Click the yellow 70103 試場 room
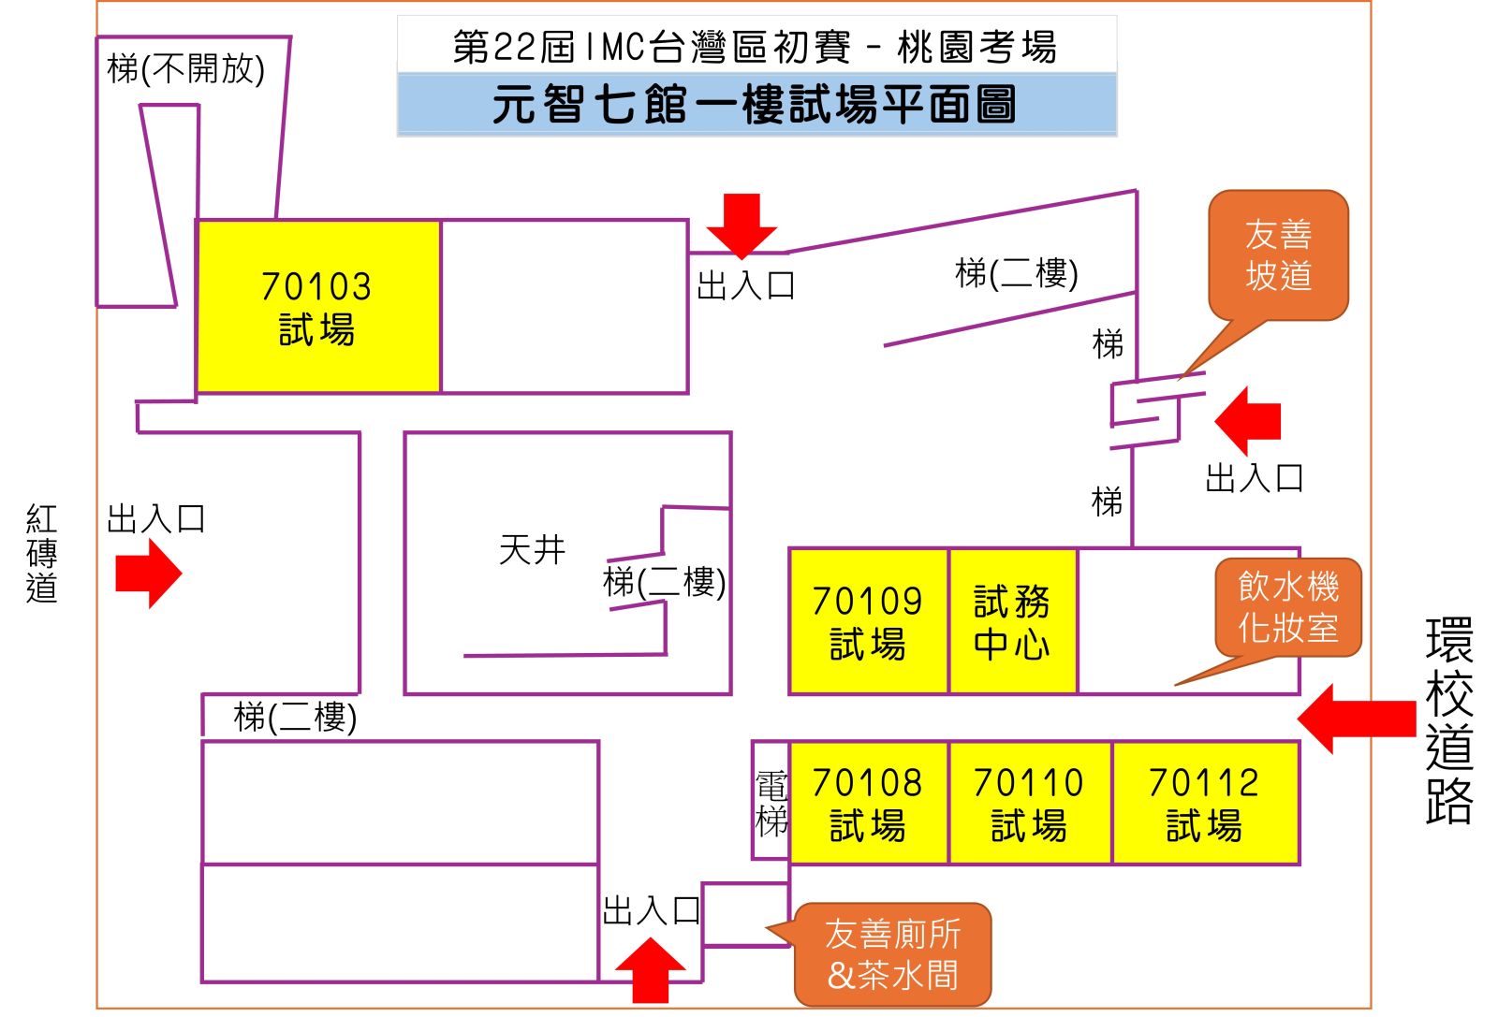coord(317,307)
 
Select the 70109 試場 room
coord(868,621)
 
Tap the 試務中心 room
coord(1012,621)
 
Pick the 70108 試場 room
coord(868,803)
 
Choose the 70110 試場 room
coord(1029,803)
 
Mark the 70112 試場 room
coord(1205,803)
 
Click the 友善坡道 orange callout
coord(1278,254)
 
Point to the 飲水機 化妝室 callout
coord(1288,606)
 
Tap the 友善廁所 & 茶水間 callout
coord(893,954)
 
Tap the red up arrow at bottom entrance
coord(650,970)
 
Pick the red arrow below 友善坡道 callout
coord(1249,420)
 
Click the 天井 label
coord(532,549)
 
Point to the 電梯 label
coord(771,803)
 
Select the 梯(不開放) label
coord(186,68)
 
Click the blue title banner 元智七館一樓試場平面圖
coord(756,104)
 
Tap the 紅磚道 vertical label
coord(42,553)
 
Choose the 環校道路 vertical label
coord(1448,720)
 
